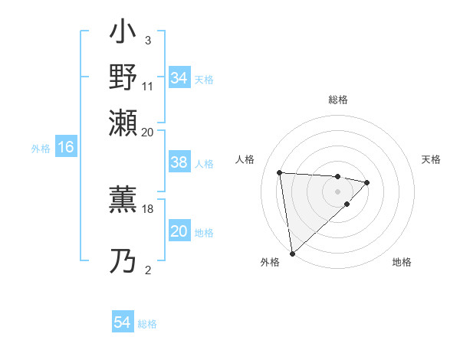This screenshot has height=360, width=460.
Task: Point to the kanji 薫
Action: (x=123, y=200)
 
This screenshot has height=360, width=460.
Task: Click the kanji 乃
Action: (x=123, y=262)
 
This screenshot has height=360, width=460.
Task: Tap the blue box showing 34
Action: (x=179, y=78)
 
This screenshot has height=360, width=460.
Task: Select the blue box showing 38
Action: (x=179, y=162)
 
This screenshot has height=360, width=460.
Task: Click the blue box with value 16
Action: (x=66, y=147)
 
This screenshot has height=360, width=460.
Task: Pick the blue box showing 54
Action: (x=123, y=323)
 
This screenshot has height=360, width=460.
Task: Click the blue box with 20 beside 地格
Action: (x=179, y=231)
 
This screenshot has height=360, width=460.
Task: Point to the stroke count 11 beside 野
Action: (x=148, y=87)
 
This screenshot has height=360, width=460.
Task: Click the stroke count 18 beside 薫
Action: (x=148, y=208)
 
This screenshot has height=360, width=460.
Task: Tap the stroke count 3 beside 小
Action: (x=147, y=40)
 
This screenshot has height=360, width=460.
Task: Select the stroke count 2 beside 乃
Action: (x=147, y=270)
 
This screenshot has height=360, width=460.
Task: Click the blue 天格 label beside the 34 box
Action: (x=204, y=79)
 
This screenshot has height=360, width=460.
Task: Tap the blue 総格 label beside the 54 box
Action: (x=147, y=324)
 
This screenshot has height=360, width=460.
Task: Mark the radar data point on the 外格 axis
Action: (x=292, y=253)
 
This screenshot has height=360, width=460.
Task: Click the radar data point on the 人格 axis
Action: (x=280, y=172)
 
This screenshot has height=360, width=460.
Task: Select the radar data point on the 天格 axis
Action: (x=367, y=182)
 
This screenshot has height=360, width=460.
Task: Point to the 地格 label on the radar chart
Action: (x=402, y=263)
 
